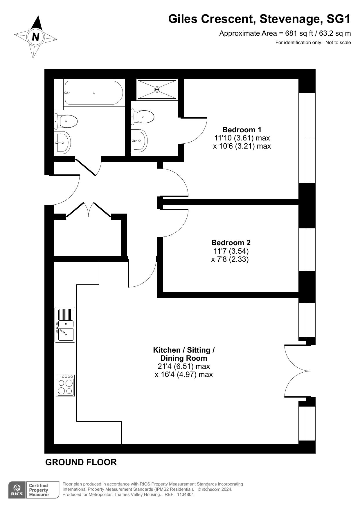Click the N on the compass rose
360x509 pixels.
[36, 37]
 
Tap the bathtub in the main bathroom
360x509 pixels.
[94, 93]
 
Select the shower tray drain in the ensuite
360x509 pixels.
[157, 89]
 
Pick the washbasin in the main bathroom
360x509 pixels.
[62, 142]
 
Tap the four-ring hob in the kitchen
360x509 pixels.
[65, 386]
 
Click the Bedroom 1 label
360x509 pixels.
[242, 129]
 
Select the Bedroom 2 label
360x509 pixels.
[231, 242]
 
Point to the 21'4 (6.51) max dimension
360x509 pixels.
[184, 366]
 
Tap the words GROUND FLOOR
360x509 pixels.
[81, 462]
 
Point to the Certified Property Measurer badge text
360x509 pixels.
[39, 490]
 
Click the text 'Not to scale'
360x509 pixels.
[338, 43]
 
